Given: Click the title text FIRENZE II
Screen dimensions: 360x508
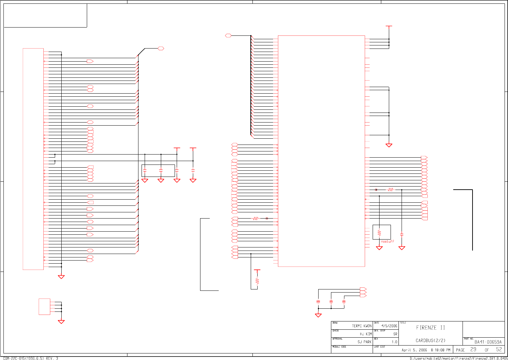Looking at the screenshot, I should [x=431, y=328].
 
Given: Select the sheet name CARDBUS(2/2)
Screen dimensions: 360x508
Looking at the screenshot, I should [x=430, y=341].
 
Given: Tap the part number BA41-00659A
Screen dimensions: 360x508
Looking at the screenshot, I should [x=488, y=342].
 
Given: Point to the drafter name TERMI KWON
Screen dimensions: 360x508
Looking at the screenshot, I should [x=362, y=326].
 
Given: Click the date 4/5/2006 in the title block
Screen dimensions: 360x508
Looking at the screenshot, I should [x=389, y=326].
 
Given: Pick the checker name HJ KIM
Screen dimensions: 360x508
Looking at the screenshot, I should [x=366, y=334].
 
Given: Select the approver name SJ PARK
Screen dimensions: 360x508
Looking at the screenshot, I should [x=364, y=342].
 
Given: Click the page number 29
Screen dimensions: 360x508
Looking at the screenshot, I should [x=474, y=349].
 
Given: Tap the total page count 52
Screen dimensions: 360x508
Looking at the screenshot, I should [x=499, y=349].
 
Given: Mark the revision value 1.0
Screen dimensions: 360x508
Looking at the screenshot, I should [x=394, y=342].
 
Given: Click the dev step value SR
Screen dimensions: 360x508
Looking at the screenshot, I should [x=395, y=334].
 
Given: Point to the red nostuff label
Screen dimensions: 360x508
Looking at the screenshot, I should [x=387, y=242].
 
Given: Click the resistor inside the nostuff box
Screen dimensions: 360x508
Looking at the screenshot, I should [x=379, y=233].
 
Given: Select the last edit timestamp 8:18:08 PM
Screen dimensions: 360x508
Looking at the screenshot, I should [x=440, y=350].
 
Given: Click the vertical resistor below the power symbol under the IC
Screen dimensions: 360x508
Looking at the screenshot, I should [x=257, y=281].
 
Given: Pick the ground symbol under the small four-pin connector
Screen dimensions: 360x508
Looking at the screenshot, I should [x=61, y=322].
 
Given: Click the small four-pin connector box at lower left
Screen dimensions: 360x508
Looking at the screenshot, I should [x=44, y=307].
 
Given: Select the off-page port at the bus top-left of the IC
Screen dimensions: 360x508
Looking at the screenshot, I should [x=228, y=35].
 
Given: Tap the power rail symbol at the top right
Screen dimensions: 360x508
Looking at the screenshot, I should [x=389, y=26].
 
